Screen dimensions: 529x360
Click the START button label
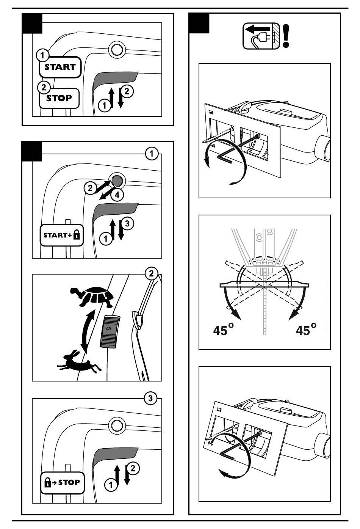click(x=60, y=67)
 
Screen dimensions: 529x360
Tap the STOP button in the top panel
click(x=59, y=98)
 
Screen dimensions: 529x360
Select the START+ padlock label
click(x=62, y=235)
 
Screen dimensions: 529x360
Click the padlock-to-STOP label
click(x=62, y=483)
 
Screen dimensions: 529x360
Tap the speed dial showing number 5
click(x=110, y=330)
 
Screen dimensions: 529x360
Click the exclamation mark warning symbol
click(x=286, y=36)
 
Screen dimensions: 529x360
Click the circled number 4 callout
click(x=117, y=195)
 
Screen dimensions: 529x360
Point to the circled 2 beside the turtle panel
click(x=152, y=273)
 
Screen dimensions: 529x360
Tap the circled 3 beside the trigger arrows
click(x=128, y=223)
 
